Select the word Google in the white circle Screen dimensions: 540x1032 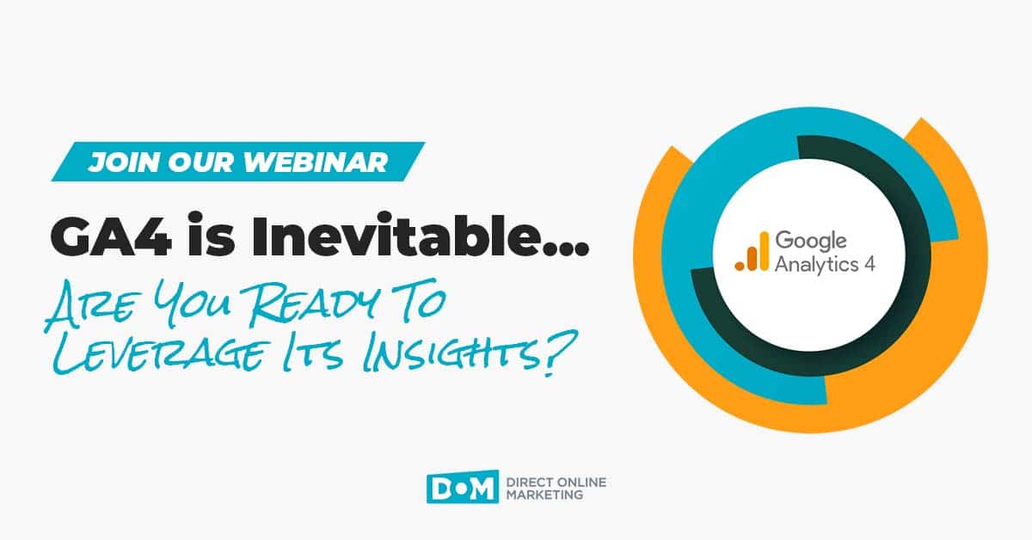tap(809, 242)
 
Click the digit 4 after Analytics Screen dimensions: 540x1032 tap(869, 263)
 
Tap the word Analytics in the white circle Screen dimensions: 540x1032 tap(815, 264)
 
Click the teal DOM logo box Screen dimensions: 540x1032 tap(462, 488)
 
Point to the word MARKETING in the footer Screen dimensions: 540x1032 tap(550, 494)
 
